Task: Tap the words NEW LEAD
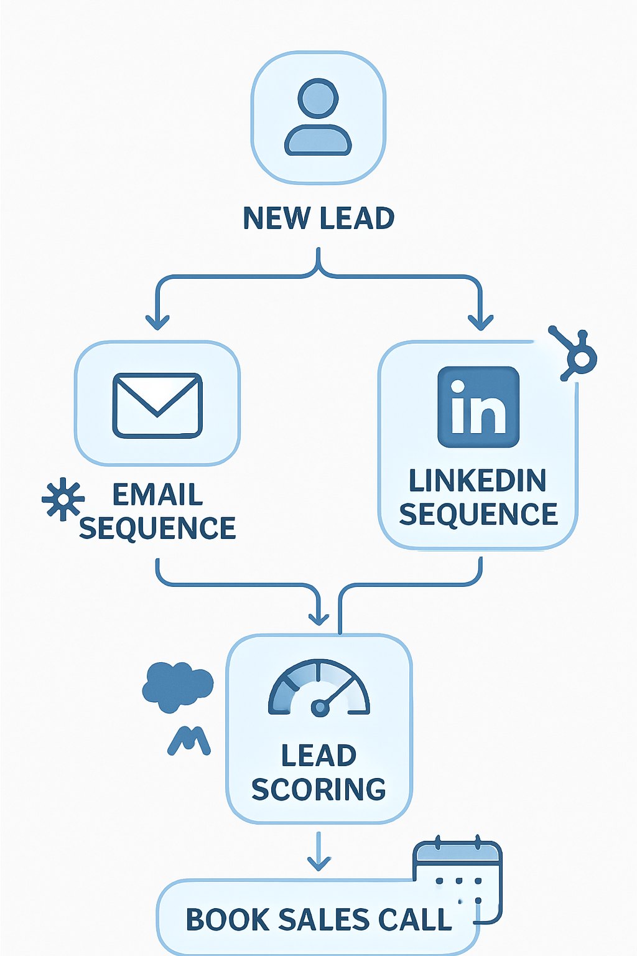pos(318,218)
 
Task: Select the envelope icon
pos(157,405)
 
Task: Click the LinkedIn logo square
pos(478,407)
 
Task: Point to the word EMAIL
pos(157,495)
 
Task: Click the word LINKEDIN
pos(478,481)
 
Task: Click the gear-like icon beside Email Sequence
pos(62,500)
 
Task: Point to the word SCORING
pos(318,790)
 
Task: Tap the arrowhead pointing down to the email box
pos(157,322)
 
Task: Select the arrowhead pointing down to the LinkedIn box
pos(480,322)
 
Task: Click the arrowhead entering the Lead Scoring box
pos(318,617)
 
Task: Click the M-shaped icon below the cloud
pos(189,741)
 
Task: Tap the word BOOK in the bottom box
pos(226,920)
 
